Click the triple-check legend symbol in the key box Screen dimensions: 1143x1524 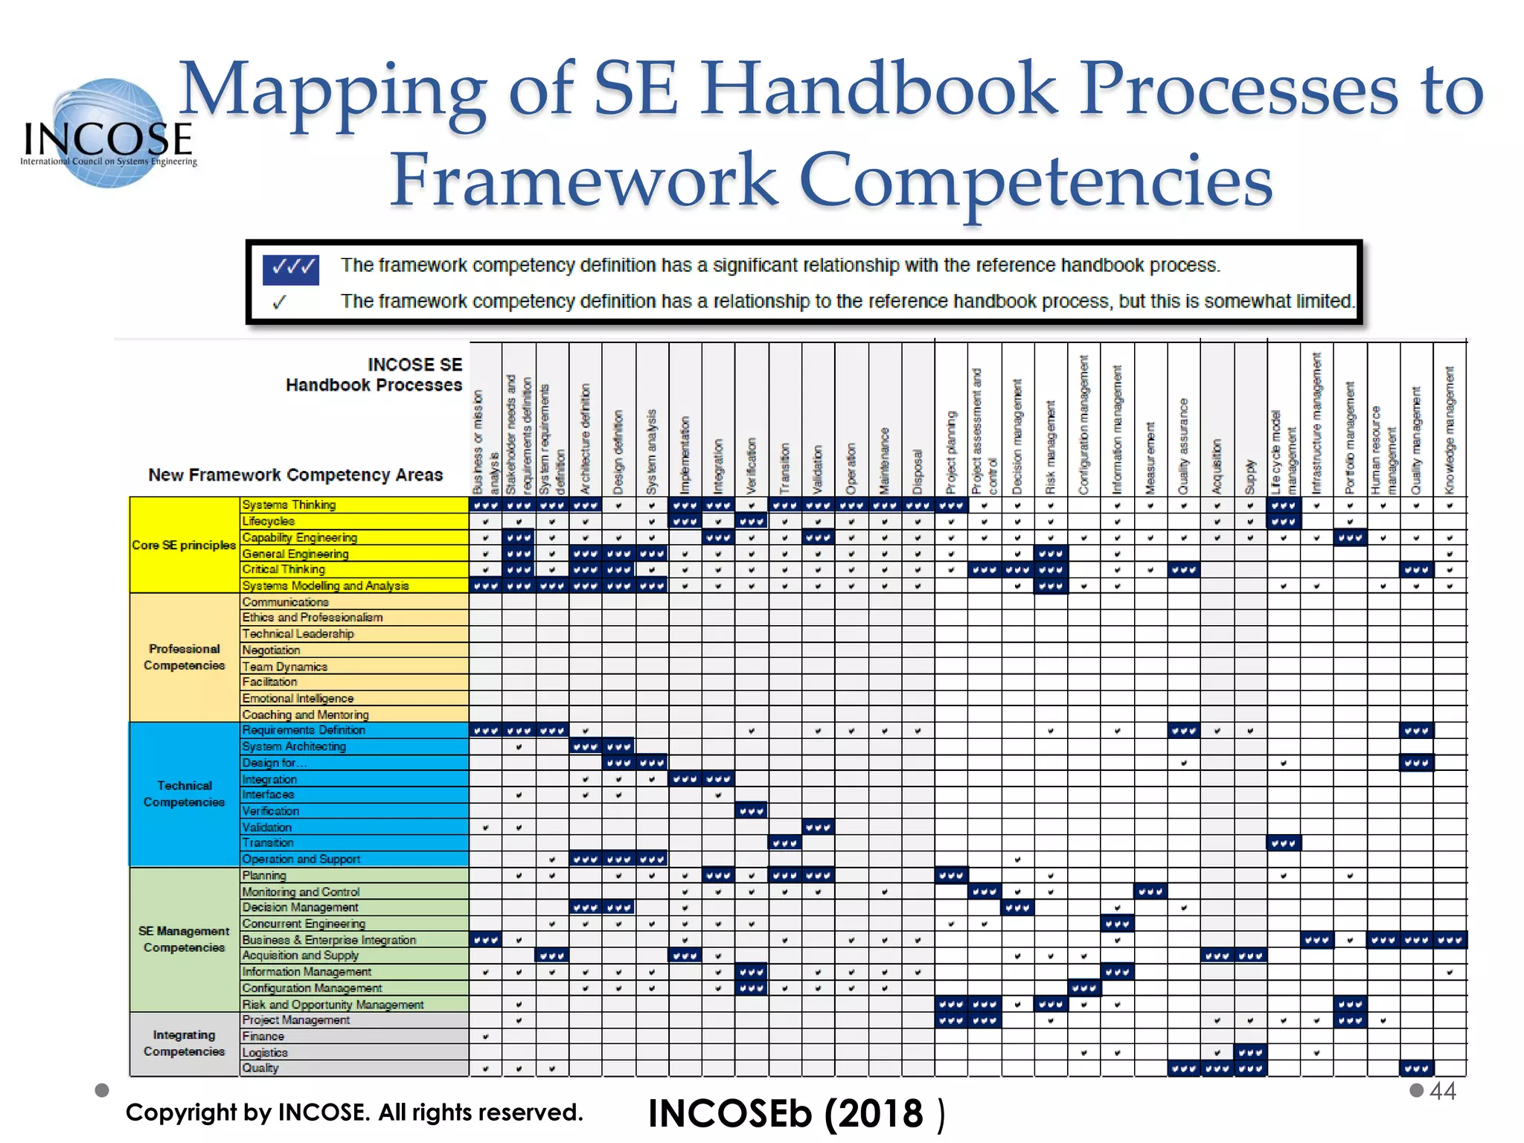(290, 269)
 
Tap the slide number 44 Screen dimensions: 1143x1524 (1442, 1091)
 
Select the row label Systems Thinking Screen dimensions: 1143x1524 (289, 505)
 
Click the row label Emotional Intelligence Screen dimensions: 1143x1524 (298, 698)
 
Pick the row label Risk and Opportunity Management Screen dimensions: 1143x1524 (333, 1005)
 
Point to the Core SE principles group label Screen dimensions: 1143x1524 (184, 545)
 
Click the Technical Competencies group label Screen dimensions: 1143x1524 (184, 794)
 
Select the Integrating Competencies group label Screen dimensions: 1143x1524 (184, 1043)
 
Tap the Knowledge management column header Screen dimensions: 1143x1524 (1450, 430)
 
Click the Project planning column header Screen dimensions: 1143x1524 (951, 452)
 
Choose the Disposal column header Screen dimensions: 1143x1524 (918, 471)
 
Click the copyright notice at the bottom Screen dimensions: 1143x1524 (354, 1112)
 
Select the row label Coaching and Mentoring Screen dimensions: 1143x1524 (305, 714)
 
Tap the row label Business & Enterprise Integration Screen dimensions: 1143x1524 (329, 940)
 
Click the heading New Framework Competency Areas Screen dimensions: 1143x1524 (295, 475)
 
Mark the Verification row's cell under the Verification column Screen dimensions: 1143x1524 (752, 811)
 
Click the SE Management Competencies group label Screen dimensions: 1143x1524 (184, 939)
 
